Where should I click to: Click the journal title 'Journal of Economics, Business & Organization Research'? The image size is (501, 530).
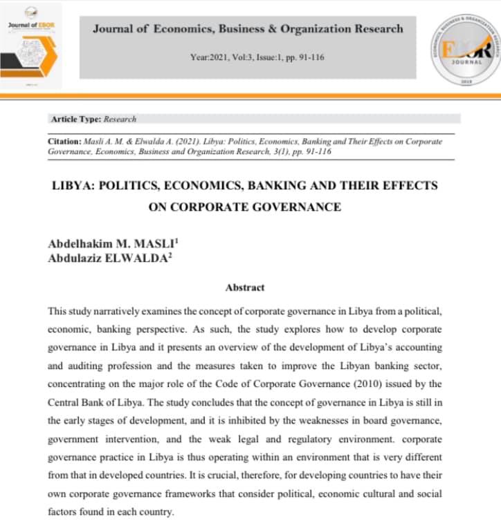tap(247, 28)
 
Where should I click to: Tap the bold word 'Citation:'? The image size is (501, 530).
tap(65, 141)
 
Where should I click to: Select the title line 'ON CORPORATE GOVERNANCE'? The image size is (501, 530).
tap(244, 206)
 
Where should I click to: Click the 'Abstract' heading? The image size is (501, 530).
tap(245, 287)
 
